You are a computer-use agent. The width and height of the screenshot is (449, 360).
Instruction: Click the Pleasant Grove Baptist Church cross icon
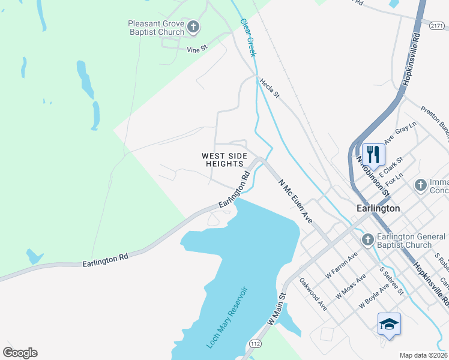(193, 26)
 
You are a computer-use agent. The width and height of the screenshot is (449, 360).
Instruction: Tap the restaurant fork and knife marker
(373, 154)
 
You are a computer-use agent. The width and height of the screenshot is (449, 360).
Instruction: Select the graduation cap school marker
(389, 325)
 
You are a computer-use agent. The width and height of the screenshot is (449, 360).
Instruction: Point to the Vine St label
(196, 48)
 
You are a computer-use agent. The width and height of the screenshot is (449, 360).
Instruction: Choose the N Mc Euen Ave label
(295, 200)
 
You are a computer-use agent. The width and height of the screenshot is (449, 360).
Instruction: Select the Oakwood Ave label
(313, 293)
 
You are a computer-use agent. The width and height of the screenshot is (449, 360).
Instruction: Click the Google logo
(20, 353)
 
